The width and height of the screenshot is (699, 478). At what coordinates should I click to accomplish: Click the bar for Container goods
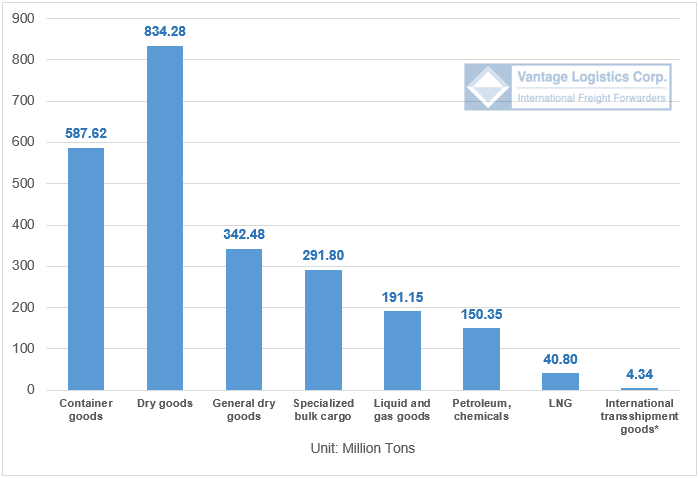tap(86, 269)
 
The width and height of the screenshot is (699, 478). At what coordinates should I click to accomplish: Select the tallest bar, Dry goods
tap(165, 218)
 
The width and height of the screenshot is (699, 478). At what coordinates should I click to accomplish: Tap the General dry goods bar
tap(244, 319)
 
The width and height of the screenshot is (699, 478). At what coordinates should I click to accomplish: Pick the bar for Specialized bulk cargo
tap(323, 330)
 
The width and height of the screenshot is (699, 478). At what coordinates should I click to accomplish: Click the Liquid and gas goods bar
tap(402, 350)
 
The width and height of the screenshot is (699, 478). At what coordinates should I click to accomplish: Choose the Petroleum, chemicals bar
tap(481, 359)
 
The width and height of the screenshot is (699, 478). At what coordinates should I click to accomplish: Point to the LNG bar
tap(560, 381)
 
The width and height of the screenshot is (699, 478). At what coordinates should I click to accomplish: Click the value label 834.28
tap(165, 31)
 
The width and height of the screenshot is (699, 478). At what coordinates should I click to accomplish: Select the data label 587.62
tap(86, 132)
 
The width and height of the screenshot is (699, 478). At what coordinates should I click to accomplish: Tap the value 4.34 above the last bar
tap(640, 374)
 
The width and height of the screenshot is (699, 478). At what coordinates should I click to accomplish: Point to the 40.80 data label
tap(560, 359)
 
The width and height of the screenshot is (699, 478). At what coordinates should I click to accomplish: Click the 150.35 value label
tap(481, 314)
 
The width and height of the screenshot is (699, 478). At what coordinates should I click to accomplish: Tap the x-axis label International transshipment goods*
tap(640, 416)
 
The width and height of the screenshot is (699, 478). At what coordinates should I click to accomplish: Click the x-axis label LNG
tap(560, 403)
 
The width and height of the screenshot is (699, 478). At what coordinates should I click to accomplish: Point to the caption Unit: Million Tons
tap(363, 448)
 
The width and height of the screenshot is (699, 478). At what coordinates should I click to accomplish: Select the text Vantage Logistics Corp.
tap(592, 77)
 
